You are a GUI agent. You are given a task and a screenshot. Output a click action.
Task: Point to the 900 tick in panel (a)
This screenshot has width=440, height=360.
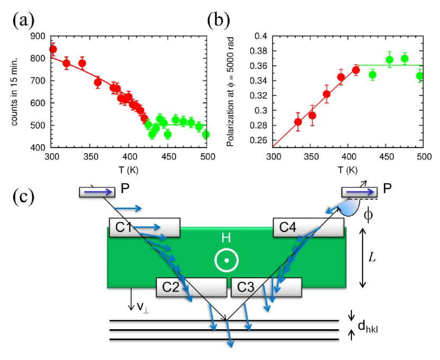coord(39,36)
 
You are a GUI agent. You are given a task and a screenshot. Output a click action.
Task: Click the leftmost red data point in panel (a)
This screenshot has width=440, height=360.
coord(52,49)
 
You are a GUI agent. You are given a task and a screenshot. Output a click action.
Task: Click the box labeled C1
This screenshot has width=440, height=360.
coord(145,227)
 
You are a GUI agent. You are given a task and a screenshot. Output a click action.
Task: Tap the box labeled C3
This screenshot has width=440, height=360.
coord(266,287)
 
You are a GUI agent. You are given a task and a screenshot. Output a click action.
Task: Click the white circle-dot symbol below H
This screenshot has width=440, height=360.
coord(226,260)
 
